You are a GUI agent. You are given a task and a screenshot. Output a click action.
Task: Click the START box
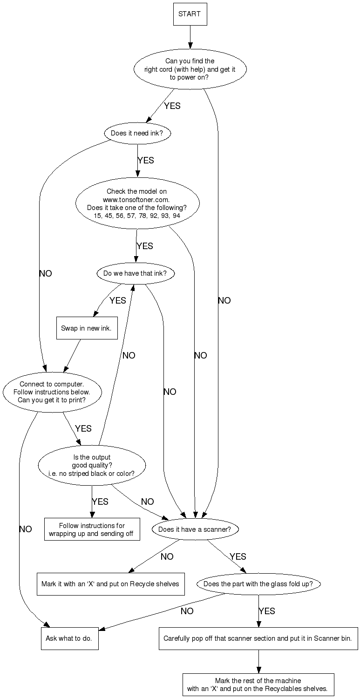(x=190, y=14)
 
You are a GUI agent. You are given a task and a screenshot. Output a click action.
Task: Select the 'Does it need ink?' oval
(x=137, y=133)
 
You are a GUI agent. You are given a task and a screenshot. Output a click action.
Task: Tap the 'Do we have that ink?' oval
(x=135, y=274)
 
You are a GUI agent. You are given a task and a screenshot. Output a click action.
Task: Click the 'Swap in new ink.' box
(x=87, y=328)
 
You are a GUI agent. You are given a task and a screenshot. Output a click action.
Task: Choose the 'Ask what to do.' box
(x=69, y=638)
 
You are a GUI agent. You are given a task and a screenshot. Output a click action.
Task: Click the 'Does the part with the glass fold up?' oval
(x=258, y=583)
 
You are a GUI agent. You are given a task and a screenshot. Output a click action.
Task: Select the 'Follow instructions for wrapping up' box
(x=92, y=529)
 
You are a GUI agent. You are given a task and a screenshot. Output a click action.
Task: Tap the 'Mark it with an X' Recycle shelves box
(x=110, y=583)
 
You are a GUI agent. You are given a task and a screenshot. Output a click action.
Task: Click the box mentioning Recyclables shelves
(x=258, y=684)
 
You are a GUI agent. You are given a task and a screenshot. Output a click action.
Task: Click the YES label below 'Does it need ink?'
(x=145, y=160)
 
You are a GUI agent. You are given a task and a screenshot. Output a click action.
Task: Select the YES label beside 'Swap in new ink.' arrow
(x=117, y=300)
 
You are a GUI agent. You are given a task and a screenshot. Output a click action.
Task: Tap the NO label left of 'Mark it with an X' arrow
(x=167, y=556)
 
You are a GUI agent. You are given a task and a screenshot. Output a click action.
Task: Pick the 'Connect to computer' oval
(x=52, y=392)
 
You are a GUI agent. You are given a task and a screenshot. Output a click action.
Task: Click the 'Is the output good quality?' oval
(x=92, y=465)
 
